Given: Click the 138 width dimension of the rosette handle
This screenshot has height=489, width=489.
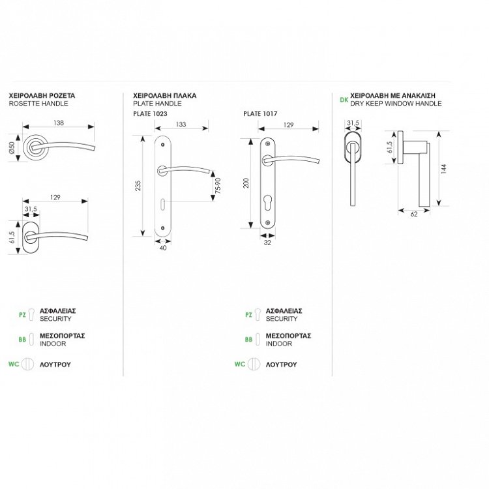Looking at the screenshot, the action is [59, 123].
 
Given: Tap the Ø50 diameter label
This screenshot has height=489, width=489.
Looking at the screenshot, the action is [12, 147].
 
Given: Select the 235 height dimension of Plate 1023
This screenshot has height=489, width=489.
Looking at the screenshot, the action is [138, 186].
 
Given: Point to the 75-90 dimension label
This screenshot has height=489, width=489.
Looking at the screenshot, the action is [218, 186].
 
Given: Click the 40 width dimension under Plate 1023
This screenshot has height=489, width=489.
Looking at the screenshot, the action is [163, 248].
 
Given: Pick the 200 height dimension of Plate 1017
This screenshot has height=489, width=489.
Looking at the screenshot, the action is [246, 183].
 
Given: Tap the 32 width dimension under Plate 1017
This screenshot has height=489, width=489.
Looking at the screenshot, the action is [267, 243].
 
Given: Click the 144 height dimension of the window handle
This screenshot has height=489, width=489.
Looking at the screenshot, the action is [444, 169].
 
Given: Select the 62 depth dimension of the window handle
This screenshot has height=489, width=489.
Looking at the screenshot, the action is [414, 215].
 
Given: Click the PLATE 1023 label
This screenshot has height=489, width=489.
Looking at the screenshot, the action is [150, 114].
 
